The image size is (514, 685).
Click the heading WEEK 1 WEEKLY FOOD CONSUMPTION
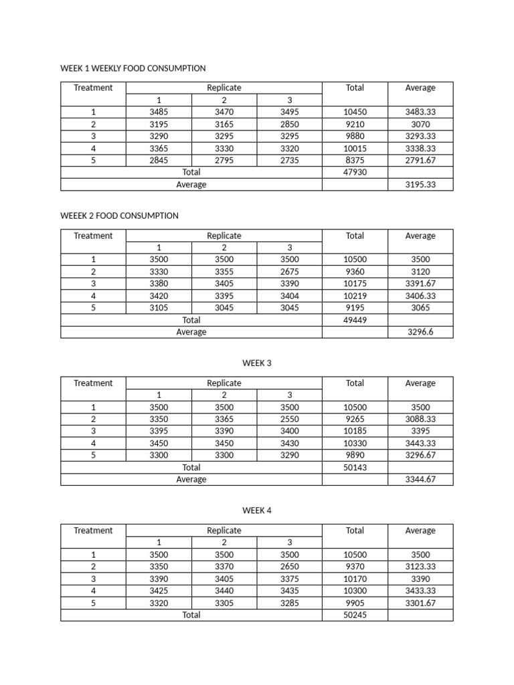click(x=133, y=68)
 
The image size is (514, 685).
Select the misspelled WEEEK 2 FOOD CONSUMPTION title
click(x=119, y=215)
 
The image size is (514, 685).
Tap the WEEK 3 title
click(x=257, y=363)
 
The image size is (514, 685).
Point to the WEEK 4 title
click(x=257, y=510)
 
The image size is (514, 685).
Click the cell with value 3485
click(x=159, y=112)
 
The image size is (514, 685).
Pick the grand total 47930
click(x=355, y=173)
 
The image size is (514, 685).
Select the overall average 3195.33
click(x=420, y=185)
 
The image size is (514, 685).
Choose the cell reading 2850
click(x=290, y=124)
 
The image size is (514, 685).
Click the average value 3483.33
click(x=420, y=112)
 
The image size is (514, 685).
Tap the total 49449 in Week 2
click(x=355, y=320)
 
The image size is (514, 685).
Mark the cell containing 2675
click(x=290, y=272)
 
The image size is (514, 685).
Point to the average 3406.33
click(x=420, y=296)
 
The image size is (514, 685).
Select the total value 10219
click(x=355, y=296)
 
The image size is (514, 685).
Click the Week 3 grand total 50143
click(x=355, y=468)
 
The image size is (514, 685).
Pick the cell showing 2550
click(x=290, y=419)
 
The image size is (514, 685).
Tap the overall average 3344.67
click(x=420, y=480)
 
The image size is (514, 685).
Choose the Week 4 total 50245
click(x=355, y=615)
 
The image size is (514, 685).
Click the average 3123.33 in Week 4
click(x=420, y=567)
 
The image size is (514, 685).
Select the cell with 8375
click(x=355, y=161)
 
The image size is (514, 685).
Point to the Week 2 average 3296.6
click(x=420, y=332)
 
